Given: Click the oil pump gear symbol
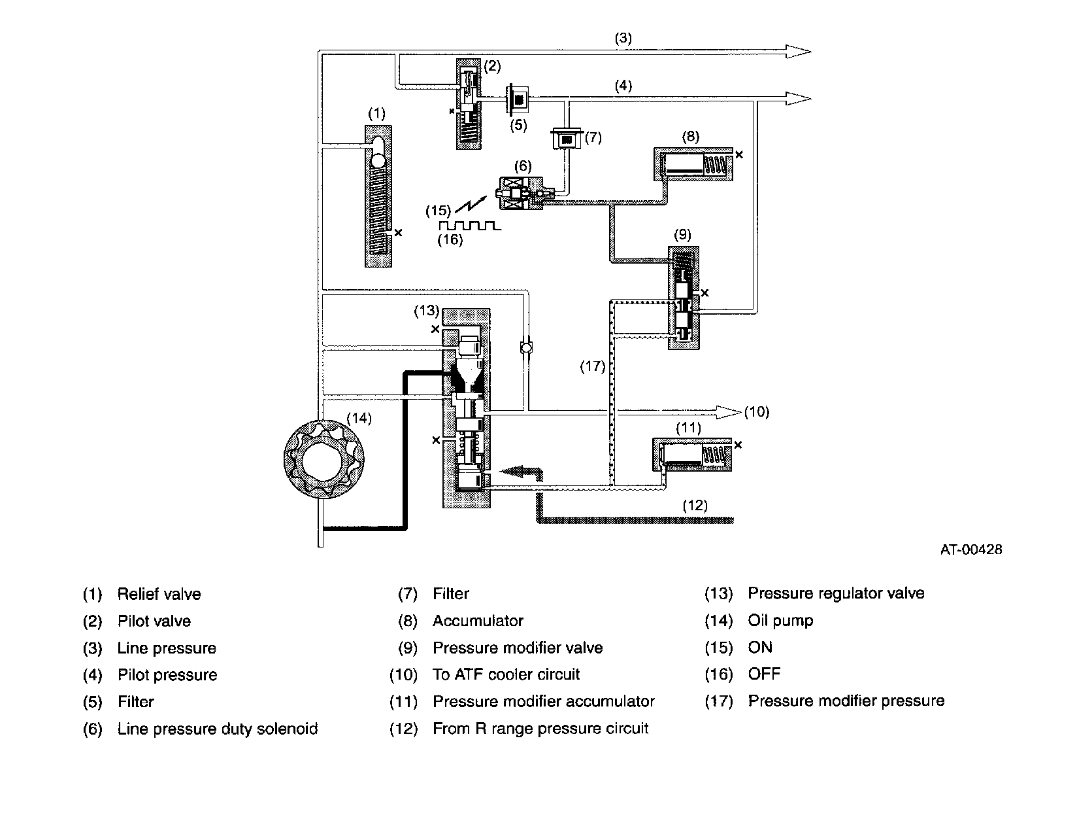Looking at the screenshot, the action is tap(324, 459).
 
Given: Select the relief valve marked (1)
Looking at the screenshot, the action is tap(378, 196).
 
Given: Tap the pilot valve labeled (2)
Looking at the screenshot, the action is tap(469, 103).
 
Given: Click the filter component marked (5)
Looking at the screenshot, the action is tap(518, 99).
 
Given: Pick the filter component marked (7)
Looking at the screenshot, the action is tap(567, 139).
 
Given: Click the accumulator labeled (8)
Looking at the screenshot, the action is tap(693, 164).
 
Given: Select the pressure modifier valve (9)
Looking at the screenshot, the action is tap(684, 298).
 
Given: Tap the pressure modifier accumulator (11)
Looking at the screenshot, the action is tap(692, 455).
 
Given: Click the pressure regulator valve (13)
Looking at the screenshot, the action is tap(466, 408).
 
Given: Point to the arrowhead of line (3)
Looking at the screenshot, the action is tap(798, 52).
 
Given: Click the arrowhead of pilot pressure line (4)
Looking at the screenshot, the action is tap(798, 98).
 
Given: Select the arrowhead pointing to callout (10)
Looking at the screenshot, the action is tap(728, 413).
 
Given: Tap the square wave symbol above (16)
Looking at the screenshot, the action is tap(470, 226).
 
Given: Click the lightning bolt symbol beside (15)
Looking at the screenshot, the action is tap(471, 205).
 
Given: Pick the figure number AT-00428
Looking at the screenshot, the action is tap(971, 549).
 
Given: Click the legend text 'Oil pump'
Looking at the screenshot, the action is tap(780, 621).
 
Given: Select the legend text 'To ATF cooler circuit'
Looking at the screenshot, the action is tap(506, 674).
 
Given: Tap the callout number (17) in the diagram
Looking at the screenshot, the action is tap(592, 366).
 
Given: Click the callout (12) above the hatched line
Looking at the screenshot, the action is tap(695, 505).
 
